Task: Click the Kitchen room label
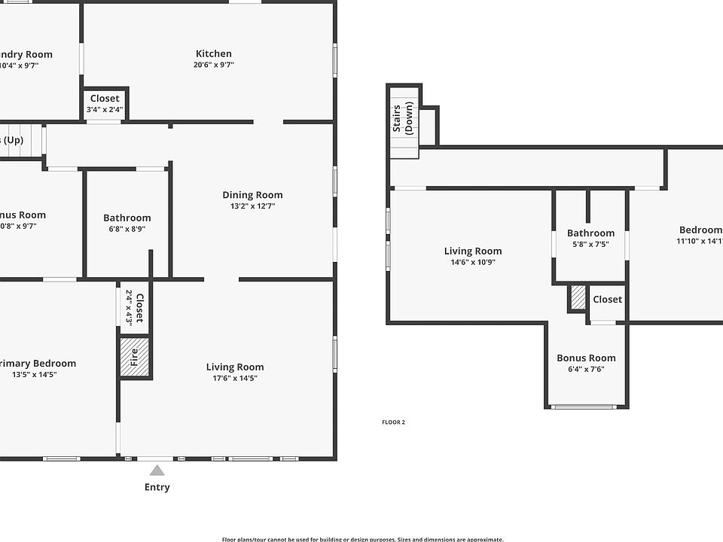tap(214, 53)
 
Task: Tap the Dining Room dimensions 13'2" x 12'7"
tap(252, 206)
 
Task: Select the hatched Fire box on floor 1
tap(136, 357)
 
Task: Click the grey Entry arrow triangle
tap(157, 470)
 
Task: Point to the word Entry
tap(157, 487)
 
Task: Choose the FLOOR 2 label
tap(393, 422)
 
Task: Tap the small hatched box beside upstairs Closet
tap(578, 297)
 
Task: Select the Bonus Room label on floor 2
tap(586, 358)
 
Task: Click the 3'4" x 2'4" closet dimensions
tap(105, 110)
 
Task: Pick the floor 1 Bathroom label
tap(127, 218)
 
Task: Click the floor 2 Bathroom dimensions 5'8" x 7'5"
tap(590, 244)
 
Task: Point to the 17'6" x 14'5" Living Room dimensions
tap(235, 378)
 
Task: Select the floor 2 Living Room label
tap(472, 251)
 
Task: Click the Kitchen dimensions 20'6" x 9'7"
tap(214, 65)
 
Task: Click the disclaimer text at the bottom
tap(362, 538)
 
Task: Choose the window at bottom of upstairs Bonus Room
tap(584, 407)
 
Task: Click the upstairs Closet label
tap(607, 300)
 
